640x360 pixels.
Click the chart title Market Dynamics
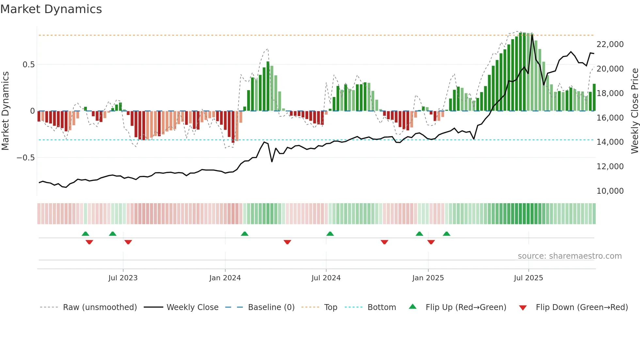(51, 9)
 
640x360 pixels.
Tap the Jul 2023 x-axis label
(123, 278)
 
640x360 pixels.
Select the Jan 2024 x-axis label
(225, 278)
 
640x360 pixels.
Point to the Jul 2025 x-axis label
(528, 278)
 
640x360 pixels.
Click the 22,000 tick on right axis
(610, 44)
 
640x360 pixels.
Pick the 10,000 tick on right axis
(610, 191)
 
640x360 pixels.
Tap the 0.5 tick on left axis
(29, 65)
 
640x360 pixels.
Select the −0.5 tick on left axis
(26, 158)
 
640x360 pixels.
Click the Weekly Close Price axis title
(634, 111)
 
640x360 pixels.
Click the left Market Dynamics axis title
(5, 111)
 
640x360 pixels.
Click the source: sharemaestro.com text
(569, 256)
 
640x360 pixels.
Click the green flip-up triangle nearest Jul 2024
(330, 234)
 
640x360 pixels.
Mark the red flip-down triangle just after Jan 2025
(431, 242)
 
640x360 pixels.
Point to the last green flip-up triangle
(446, 234)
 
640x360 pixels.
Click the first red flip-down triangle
(89, 242)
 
